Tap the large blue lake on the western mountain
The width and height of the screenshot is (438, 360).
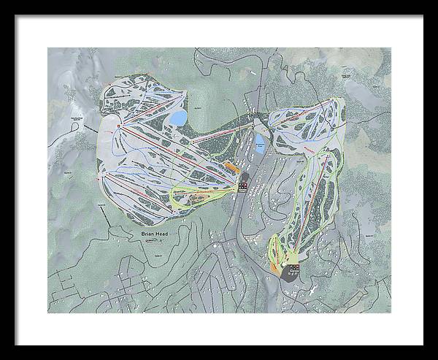[177, 118]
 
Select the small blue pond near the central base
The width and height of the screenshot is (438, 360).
[260, 140]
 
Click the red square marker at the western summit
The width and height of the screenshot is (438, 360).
[120, 126]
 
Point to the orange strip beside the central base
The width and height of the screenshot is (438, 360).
[232, 166]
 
